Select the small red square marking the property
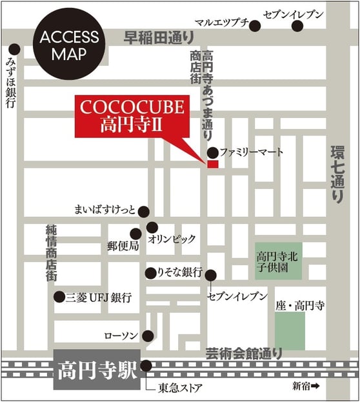pyautogui.click(x=213, y=165)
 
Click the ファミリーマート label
pyautogui.click(x=252, y=153)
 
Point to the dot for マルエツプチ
pyautogui.click(x=255, y=26)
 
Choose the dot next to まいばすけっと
pyautogui.click(x=144, y=211)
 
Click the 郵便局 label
pyautogui.click(x=123, y=246)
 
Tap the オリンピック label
pyautogui.click(x=172, y=239)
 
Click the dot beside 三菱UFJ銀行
pyautogui.click(x=59, y=297)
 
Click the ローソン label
pyautogui.click(x=123, y=336)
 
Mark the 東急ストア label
pyautogui.click(x=177, y=388)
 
